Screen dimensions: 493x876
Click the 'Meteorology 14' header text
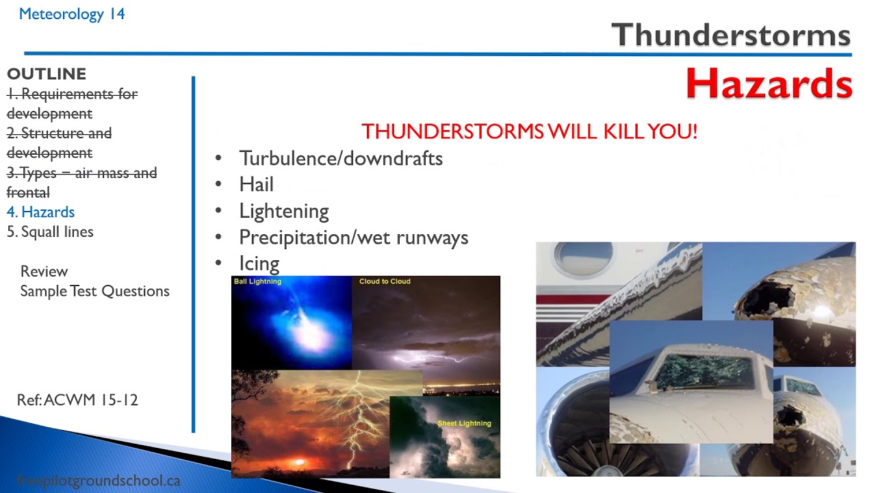coord(72,14)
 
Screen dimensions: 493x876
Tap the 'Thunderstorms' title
coord(730,34)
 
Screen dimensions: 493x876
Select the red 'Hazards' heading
coord(769,84)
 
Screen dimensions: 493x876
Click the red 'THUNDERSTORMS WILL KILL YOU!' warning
coord(529,131)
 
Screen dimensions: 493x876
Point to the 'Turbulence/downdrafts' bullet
coord(340,158)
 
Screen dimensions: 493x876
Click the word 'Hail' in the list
coord(256,184)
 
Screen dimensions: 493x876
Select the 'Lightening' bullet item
coord(283,211)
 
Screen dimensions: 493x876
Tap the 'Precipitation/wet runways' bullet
coord(353,238)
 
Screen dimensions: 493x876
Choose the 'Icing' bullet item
coord(259,264)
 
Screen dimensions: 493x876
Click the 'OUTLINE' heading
coord(47,74)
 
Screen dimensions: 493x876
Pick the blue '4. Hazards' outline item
coord(41,212)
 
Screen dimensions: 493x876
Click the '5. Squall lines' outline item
coord(50,232)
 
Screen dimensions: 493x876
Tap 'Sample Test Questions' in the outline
coord(94,291)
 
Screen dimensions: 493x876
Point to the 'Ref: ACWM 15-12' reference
coord(77,400)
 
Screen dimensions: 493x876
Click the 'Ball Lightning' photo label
coord(257,281)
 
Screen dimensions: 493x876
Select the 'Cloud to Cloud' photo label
coord(385,281)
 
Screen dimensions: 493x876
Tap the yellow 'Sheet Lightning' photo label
coord(464,423)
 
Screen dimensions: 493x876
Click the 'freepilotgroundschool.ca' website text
coord(98,481)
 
